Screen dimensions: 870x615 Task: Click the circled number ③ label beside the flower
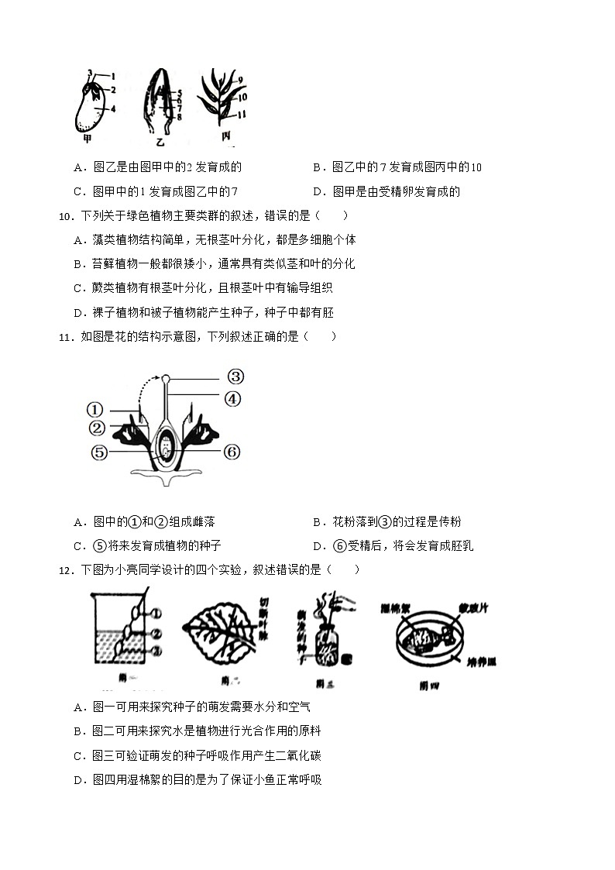pyautogui.click(x=235, y=377)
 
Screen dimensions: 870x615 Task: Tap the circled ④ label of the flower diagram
pyautogui.click(x=233, y=399)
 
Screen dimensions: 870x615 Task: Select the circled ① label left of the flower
pyautogui.click(x=94, y=410)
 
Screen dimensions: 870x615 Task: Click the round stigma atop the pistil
pyautogui.click(x=166, y=378)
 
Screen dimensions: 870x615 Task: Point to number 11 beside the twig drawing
pyautogui.click(x=242, y=114)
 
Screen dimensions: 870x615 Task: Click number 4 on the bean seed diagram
pyautogui.click(x=113, y=109)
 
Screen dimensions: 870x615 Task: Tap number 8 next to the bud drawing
pyautogui.click(x=179, y=117)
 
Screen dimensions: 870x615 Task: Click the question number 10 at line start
pyautogui.click(x=66, y=216)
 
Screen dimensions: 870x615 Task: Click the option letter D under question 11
pyautogui.click(x=318, y=546)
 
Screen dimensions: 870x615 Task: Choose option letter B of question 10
pyautogui.click(x=77, y=264)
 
